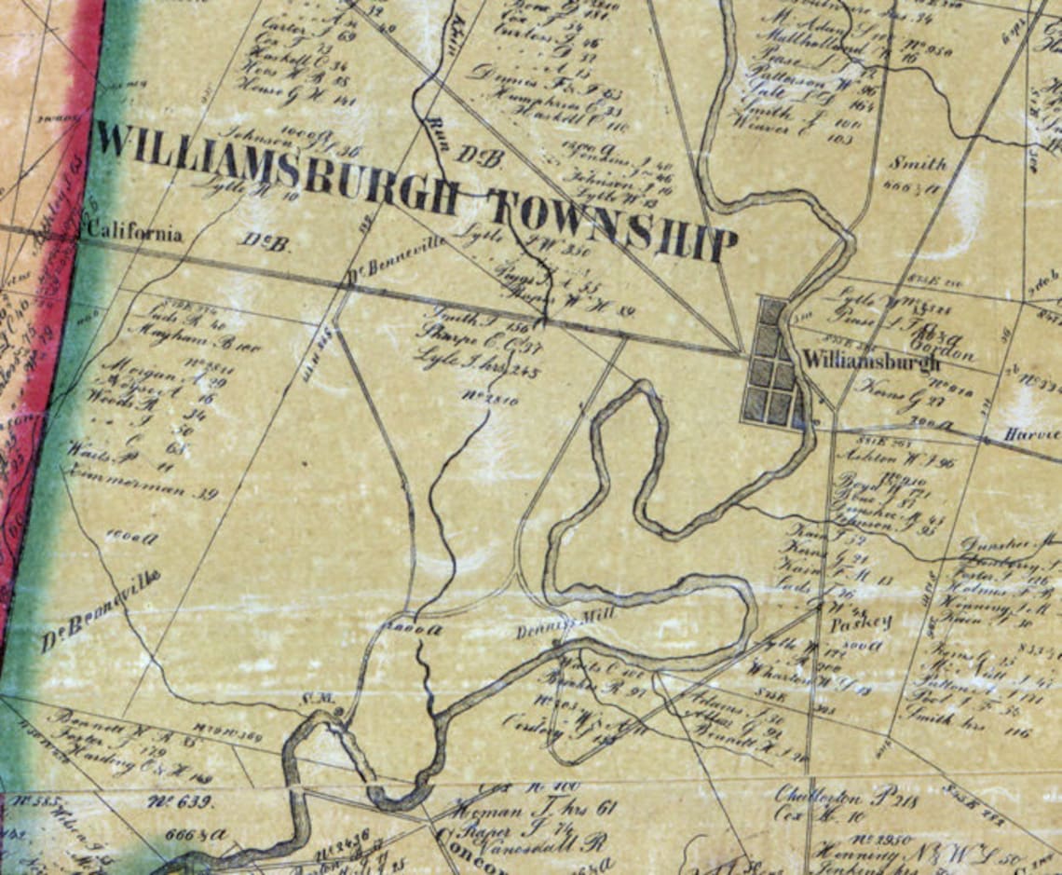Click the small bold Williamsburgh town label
click(870, 361)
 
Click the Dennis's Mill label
click(555, 631)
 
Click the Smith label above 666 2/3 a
click(917, 164)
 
